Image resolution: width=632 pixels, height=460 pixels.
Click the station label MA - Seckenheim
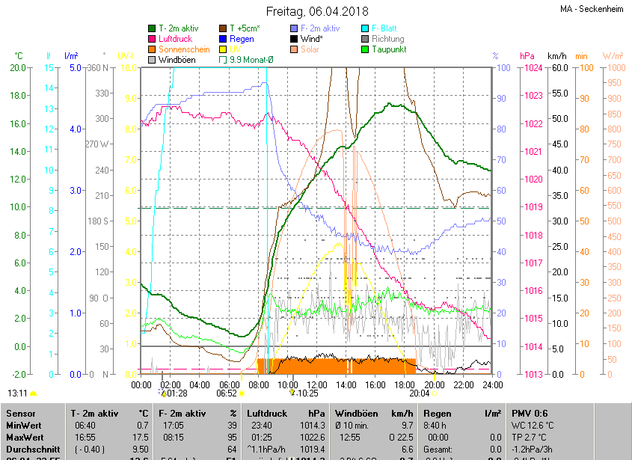(x=593, y=9)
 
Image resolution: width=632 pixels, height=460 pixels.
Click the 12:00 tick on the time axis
(x=316, y=384)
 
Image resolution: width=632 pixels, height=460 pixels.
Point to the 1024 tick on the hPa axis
(x=533, y=68)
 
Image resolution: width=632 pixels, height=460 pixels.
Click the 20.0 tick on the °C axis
(x=19, y=68)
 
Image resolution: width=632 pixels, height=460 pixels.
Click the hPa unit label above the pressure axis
(x=527, y=56)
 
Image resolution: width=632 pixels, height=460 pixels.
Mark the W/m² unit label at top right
(x=613, y=56)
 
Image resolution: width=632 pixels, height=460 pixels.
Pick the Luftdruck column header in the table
(x=266, y=413)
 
